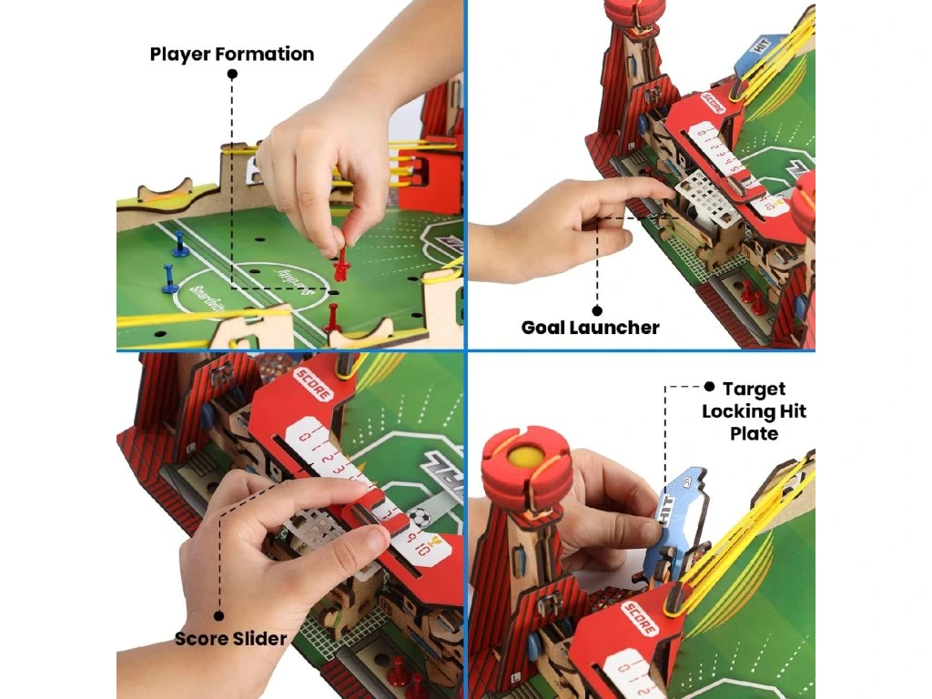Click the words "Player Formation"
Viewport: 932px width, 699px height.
(232, 54)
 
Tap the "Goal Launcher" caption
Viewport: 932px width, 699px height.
(590, 327)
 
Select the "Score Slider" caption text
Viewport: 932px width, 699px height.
(231, 638)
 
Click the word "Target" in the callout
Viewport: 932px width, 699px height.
(754, 389)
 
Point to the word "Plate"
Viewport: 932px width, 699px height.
(754, 433)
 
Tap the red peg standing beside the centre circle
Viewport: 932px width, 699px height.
(331, 318)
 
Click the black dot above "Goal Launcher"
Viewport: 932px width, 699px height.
(597, 309)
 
